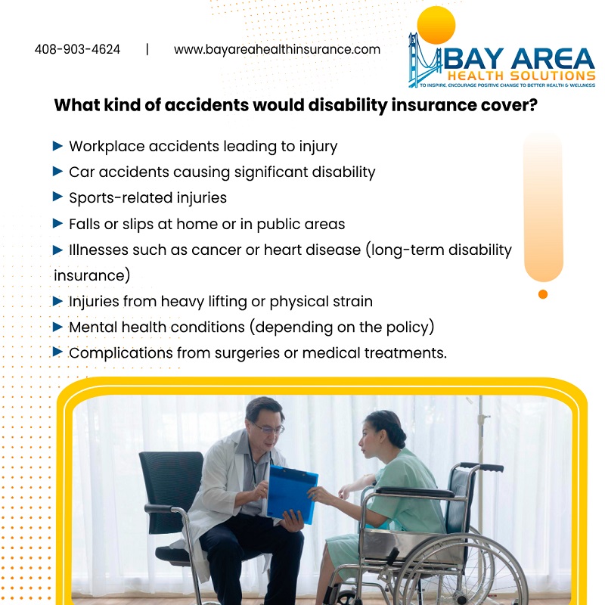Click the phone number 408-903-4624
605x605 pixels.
[78, 49]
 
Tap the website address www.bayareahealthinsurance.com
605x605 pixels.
[277, 49]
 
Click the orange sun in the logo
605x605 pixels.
[436, 25]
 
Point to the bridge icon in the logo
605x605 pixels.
[424, 60]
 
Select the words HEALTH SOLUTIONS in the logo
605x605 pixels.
[521, 76]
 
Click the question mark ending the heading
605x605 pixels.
[533, 104]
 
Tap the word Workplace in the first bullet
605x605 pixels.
[107, 147]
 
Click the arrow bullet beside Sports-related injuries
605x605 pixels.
[57, 197]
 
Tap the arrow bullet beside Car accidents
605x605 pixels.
[57, 171]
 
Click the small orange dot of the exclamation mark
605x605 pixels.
[543, 294]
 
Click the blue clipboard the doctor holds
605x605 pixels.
[292, 495]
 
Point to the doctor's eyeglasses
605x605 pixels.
[270, 428]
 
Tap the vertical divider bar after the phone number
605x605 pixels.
[147, 49]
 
